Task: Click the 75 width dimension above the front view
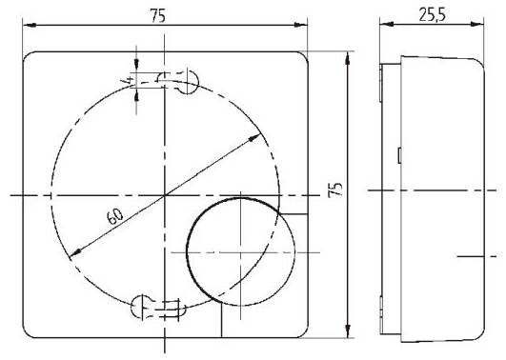click(x=166, y=16)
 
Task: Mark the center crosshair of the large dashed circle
click(x=165, y=194)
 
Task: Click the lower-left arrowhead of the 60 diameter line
click(x=73, y=254)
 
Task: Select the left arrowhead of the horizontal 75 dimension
click(x=26, y=32)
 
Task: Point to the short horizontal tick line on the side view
click(x=476, y=255)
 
